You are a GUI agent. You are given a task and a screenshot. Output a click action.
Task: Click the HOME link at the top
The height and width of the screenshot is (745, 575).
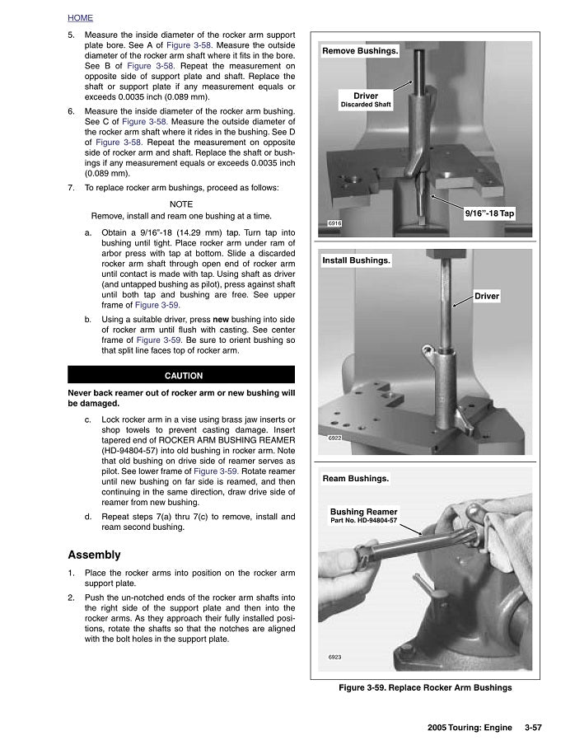click(x=80, y=17)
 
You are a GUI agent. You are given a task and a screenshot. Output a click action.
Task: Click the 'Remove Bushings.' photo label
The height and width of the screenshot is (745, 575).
click(x=360, y=51)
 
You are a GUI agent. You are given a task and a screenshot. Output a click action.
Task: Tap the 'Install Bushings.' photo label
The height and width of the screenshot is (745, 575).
click(x=356, y=260)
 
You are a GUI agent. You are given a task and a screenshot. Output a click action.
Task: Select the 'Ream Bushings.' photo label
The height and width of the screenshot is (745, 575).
click(x=355, y=479)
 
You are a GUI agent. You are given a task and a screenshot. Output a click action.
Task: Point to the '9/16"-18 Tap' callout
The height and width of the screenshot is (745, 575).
click(x=489, y=213)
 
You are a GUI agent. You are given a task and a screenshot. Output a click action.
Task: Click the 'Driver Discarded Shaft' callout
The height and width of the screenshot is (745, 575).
click(x=366, y=100)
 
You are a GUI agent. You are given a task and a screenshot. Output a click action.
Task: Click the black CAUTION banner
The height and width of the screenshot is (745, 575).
click(x=183, y=376)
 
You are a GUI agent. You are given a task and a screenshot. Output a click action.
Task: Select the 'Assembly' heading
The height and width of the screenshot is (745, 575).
click(x=94, y=555)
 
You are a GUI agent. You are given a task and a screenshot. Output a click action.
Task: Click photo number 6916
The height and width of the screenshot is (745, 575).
click(x=334, y=223)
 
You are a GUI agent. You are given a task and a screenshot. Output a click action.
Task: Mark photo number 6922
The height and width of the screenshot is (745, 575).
click(x=334, y=438)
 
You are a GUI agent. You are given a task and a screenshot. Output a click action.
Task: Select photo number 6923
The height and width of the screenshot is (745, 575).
click(x=334, y=657)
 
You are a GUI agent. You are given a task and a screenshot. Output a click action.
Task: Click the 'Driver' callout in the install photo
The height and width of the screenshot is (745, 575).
click(x=486, y=296)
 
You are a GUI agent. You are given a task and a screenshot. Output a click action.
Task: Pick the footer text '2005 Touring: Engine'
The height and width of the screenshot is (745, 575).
click(x=470, y=728)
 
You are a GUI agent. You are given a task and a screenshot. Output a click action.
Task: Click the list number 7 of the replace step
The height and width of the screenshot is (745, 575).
click(x=71, y=188)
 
